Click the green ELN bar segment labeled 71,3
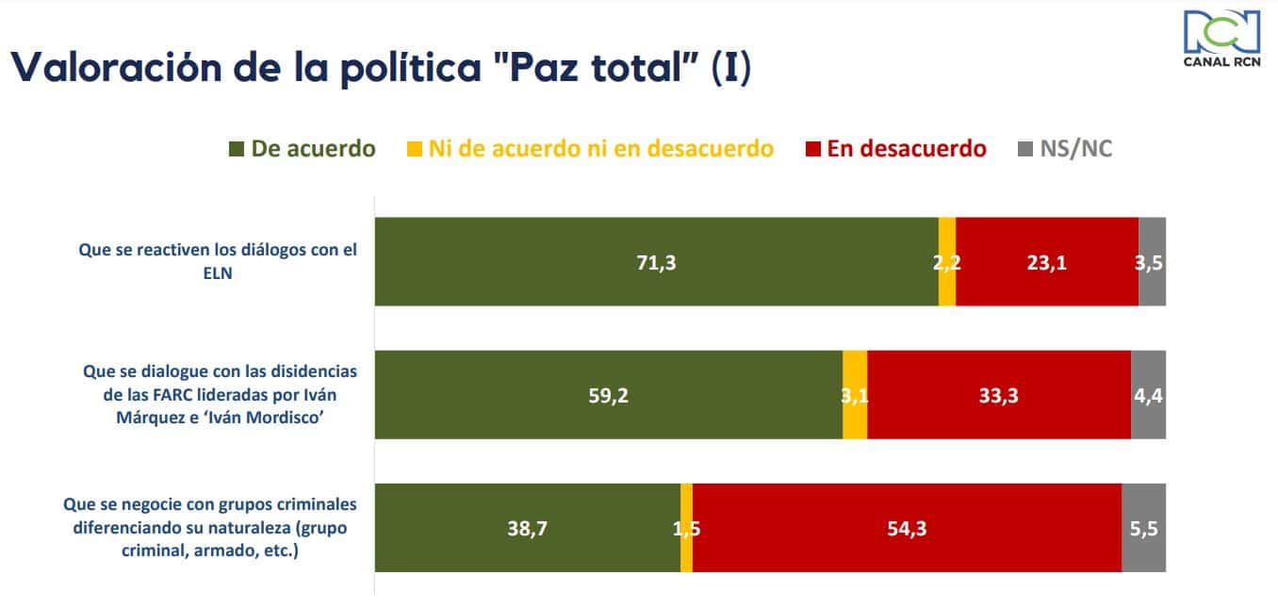coord(656,262)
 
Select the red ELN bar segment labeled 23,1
coord(1046,262)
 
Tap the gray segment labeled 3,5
coord(1152,262)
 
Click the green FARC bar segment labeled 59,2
coord(608,395)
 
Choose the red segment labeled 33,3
coord(998,395)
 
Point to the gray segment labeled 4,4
coord(1148,395)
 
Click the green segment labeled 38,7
coord(527,528)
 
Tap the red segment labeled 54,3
coord(907,528)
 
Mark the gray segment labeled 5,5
coord(1143,528)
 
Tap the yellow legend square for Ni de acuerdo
coord(415,149)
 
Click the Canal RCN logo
coord(1221,39)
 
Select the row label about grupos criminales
coord(210,528)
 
